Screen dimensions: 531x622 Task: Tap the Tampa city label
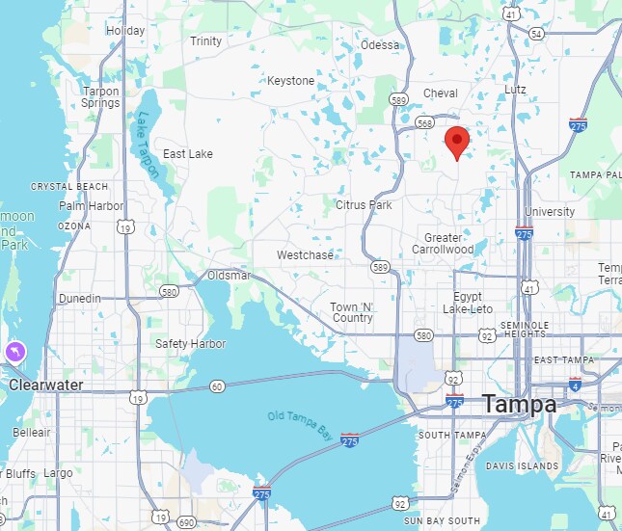520,404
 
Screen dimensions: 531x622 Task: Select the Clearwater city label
46,385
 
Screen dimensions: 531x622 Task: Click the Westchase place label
305,255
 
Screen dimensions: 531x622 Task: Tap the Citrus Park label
364,205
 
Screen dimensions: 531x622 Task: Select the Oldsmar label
230,276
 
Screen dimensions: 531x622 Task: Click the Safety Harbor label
191,344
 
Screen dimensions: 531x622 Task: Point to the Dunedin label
79,299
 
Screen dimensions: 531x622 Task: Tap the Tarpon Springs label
100,97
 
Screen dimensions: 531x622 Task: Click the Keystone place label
291,81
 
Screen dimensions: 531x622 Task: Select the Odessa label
379,45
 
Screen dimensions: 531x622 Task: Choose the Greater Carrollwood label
444,243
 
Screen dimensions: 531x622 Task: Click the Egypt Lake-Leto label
468,303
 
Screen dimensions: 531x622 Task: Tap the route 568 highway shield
426,122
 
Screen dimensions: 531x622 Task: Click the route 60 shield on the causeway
217,386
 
